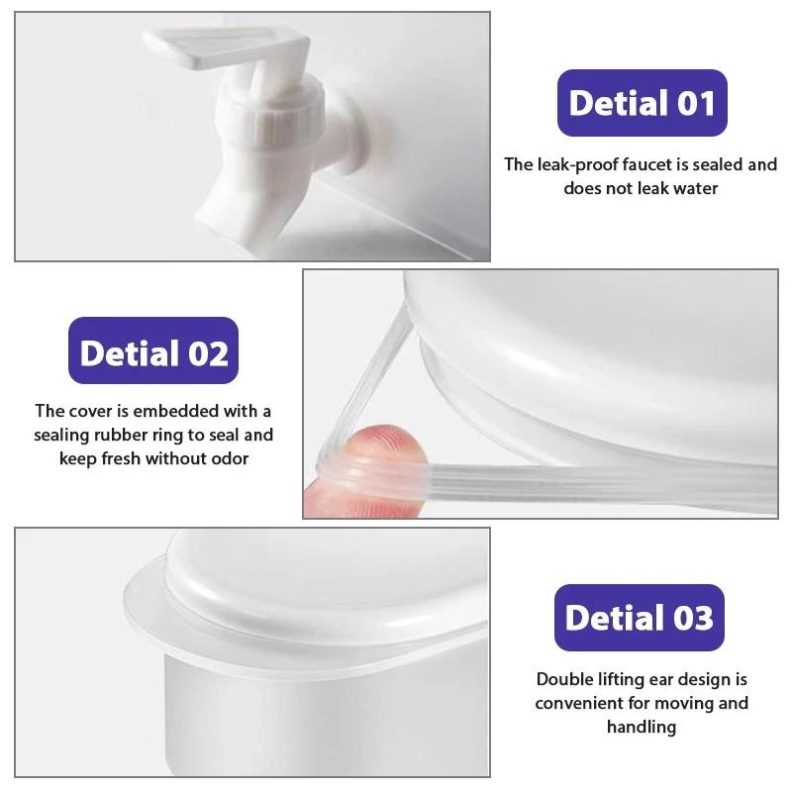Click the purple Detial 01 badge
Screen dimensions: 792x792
pos(641,103)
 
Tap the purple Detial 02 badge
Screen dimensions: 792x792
pos(153,351)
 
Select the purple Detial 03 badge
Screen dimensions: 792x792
pos(639,617)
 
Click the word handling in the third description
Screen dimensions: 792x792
pos(641,727)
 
